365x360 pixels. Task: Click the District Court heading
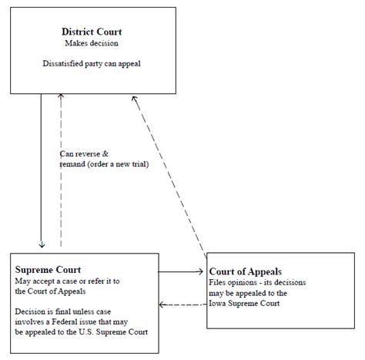click(x=92, y=32)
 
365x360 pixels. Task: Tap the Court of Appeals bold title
click(x=244, y=271)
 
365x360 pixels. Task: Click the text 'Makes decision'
click(x=92, y=43)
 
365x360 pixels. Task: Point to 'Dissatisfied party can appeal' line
click(x=92, y=63)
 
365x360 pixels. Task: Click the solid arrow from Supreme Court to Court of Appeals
click(x=181, y=271)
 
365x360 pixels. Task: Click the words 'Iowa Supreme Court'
click(x=246, y=304)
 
